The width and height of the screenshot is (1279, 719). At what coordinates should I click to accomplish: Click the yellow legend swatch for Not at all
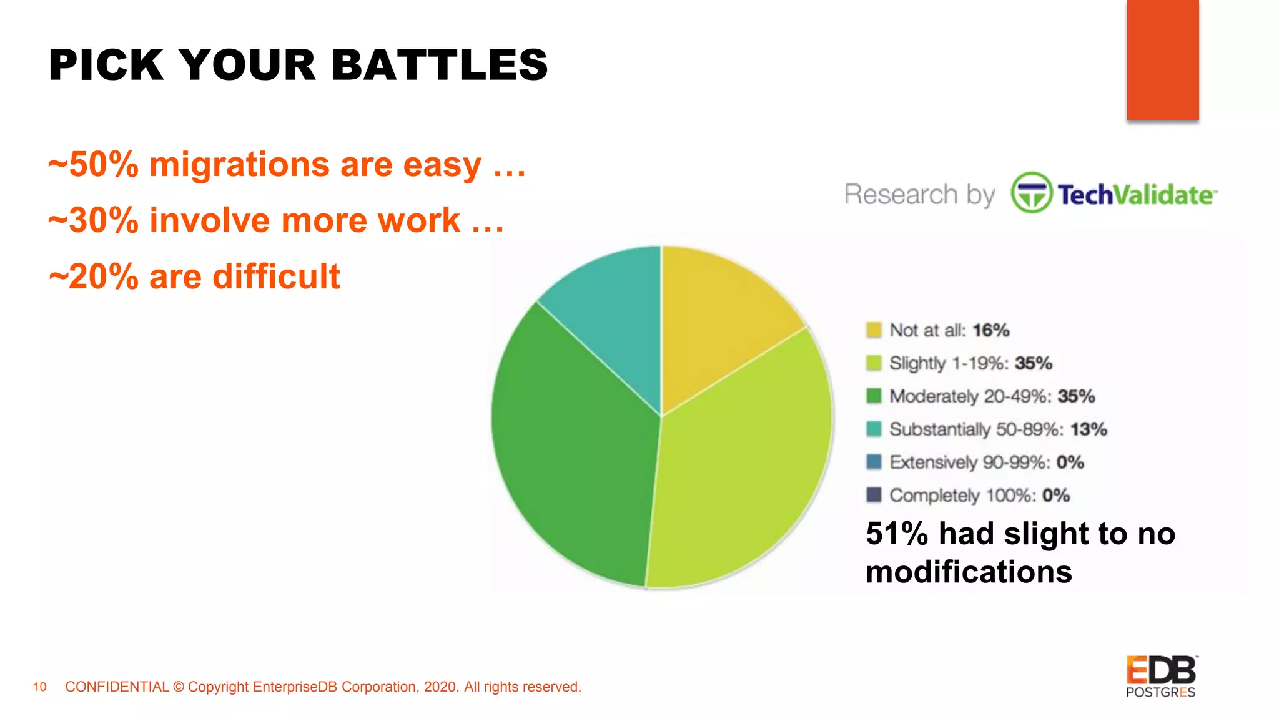[874, 330]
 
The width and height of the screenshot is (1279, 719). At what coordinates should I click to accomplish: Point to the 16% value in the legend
[991, 330]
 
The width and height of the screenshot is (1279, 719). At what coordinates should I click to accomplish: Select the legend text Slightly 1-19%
[948, 363]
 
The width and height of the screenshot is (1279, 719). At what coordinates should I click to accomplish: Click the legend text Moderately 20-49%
[970, 396]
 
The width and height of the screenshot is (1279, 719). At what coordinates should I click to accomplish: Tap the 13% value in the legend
[1089, 429]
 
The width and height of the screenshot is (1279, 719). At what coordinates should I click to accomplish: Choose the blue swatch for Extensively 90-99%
[874, 462]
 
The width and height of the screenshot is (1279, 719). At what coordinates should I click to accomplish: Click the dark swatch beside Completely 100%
[874, 495]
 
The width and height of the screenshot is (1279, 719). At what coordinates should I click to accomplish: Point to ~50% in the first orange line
[94, 165]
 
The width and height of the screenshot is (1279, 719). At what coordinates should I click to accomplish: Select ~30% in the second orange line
[94, 221]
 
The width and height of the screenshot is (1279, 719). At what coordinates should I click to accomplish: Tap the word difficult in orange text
[276, 276]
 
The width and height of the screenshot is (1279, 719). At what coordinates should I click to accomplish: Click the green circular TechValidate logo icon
[1031, 193]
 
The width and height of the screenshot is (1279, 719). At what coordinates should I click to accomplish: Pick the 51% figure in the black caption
[897, 534]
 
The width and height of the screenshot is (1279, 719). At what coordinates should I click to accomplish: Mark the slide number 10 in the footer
[40, 687]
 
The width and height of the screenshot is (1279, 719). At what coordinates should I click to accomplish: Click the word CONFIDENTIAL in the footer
[117, 687]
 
